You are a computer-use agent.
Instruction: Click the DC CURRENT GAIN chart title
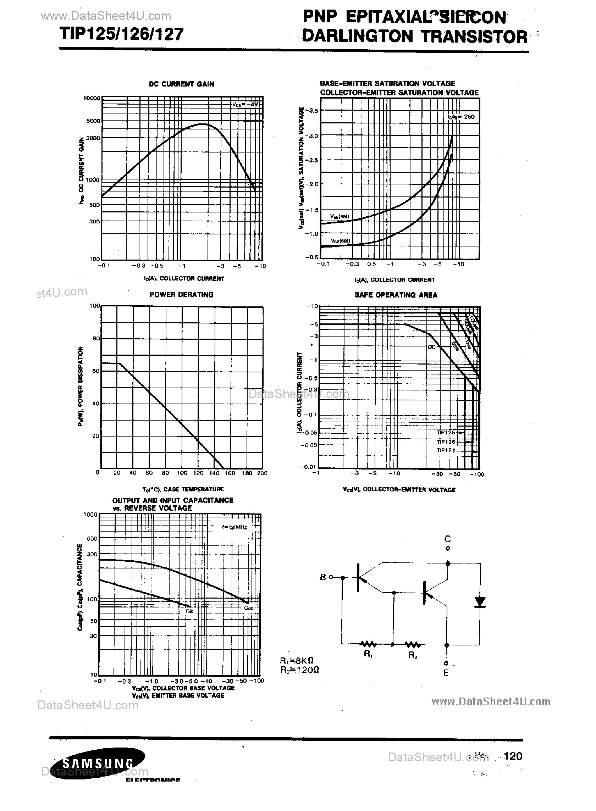point(182,84)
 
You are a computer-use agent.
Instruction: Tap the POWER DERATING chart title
point(182,295)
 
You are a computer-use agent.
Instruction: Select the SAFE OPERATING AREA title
point(396,295)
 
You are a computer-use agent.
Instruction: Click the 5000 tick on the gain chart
point(93,121)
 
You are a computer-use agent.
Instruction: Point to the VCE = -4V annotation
point(245,104)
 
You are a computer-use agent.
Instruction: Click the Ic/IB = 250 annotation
point(461,117)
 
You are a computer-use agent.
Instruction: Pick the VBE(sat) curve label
point(340,216)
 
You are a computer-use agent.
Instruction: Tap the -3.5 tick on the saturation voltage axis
point(312,111)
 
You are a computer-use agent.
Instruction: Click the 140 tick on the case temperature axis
point(214,473)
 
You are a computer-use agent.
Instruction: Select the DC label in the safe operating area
point(432,347)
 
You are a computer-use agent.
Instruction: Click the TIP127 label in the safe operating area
point(446,450)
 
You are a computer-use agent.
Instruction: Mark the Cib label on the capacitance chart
point(189,611)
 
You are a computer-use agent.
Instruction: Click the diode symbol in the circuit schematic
point(480,602)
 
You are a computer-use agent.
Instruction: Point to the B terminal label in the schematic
point(323,577)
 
